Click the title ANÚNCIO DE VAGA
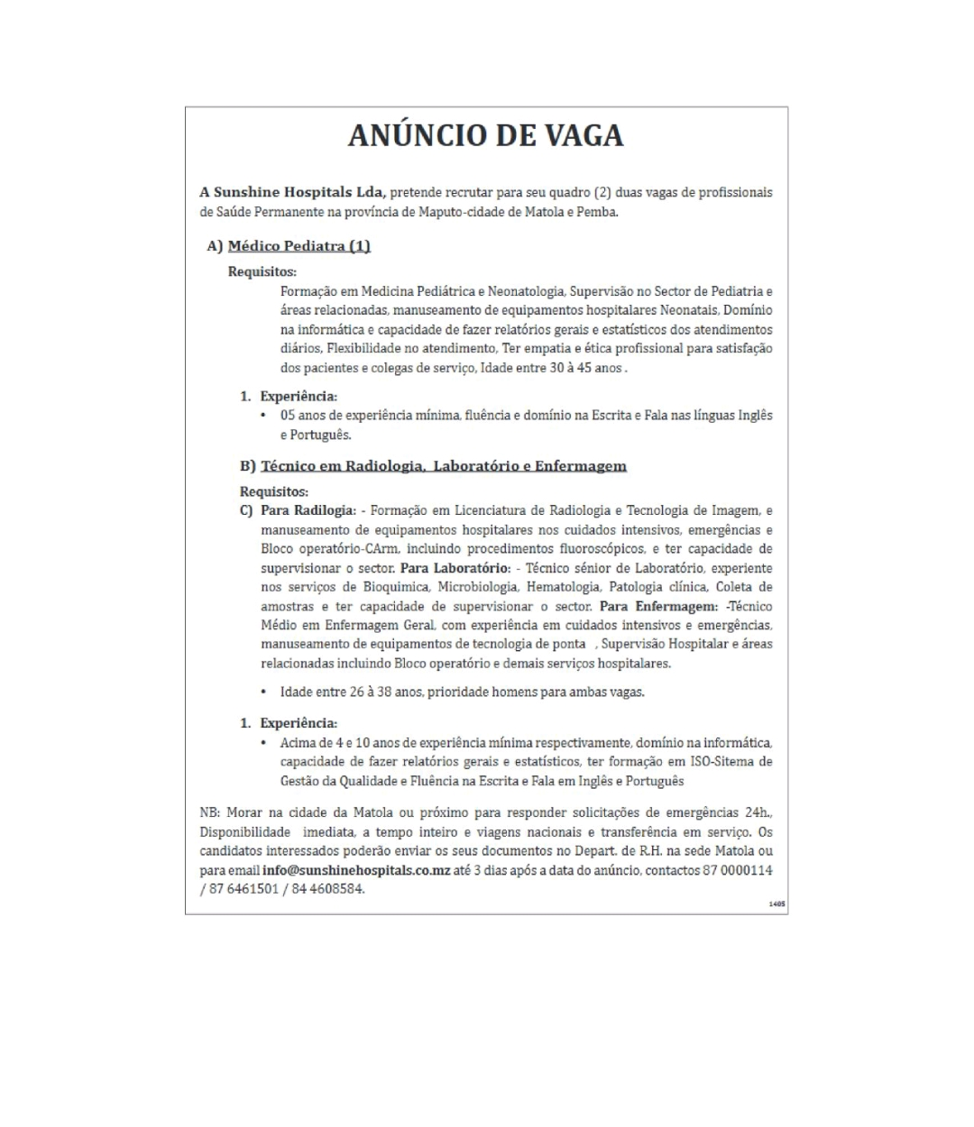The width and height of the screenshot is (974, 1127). tap(486, 135)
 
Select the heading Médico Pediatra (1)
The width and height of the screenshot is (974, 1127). tap(299, 246)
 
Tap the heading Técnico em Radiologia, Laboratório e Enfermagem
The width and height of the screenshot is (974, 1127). tap(443, 466)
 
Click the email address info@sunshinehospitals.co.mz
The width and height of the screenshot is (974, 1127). tap(356, 870)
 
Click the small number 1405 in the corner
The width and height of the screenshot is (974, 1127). tap(776, 903)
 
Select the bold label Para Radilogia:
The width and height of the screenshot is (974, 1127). tap(308, 510)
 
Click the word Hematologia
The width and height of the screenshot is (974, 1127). tap(563, 587)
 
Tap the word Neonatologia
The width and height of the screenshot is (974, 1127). tap(526, 291)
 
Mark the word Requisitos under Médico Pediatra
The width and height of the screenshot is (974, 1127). tap(262, 271)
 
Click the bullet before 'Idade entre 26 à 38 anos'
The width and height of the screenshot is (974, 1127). tap(263, 692)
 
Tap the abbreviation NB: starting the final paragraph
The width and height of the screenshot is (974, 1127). tap(210, 812)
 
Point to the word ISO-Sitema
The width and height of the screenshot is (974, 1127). tap(723, 762)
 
